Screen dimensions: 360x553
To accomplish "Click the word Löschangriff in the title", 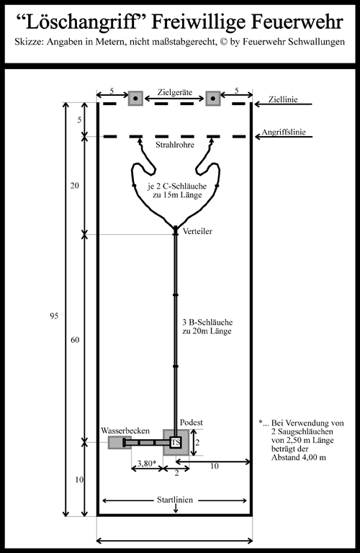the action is click(81, 22).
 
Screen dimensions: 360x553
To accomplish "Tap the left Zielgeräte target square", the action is click(135, 98).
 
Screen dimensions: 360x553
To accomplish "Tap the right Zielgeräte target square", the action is click(213, 98).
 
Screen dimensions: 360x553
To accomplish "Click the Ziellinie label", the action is click(283, 99).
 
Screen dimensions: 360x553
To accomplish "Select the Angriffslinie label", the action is click(284, 132).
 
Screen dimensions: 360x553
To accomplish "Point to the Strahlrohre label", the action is click(175, 145).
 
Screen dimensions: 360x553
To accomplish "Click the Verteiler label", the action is click(197, 231).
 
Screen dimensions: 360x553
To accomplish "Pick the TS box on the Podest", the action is click(176, 442).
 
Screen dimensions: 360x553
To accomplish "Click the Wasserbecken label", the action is click(125, 431).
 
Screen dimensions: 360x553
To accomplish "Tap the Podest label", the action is click(192, 422).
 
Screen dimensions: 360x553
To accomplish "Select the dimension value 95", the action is click(53, 316).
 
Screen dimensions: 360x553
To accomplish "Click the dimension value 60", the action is click(75, 340).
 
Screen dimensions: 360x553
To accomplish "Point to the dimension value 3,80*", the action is click(147, 463).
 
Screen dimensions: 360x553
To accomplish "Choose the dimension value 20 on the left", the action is click(74, 186).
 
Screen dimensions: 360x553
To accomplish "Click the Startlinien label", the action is click(175, 500).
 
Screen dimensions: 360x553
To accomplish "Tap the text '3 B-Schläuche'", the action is click(207, 322).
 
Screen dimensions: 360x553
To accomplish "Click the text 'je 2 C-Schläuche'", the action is click(177, 186).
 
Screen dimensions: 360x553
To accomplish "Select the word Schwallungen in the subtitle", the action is click(316, 42).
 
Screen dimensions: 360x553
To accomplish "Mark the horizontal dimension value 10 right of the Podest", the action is click(215, 467).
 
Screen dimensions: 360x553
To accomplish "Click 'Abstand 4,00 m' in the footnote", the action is click(299, 457).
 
